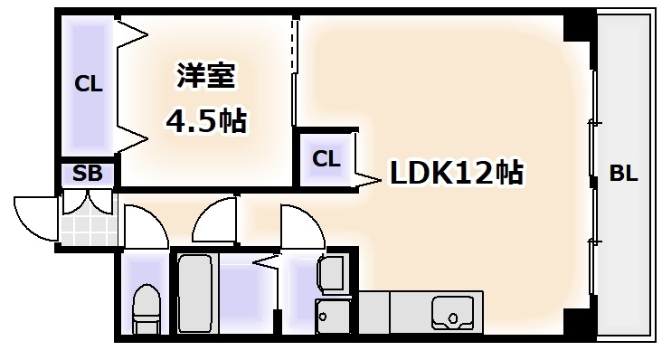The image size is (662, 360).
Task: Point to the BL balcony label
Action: (622, 175)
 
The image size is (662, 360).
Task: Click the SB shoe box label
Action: (88, 175)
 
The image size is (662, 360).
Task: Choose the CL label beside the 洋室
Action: (88, 86)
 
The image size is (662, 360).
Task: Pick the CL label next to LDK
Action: (326, 159)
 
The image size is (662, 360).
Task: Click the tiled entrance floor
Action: (89, 217)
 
